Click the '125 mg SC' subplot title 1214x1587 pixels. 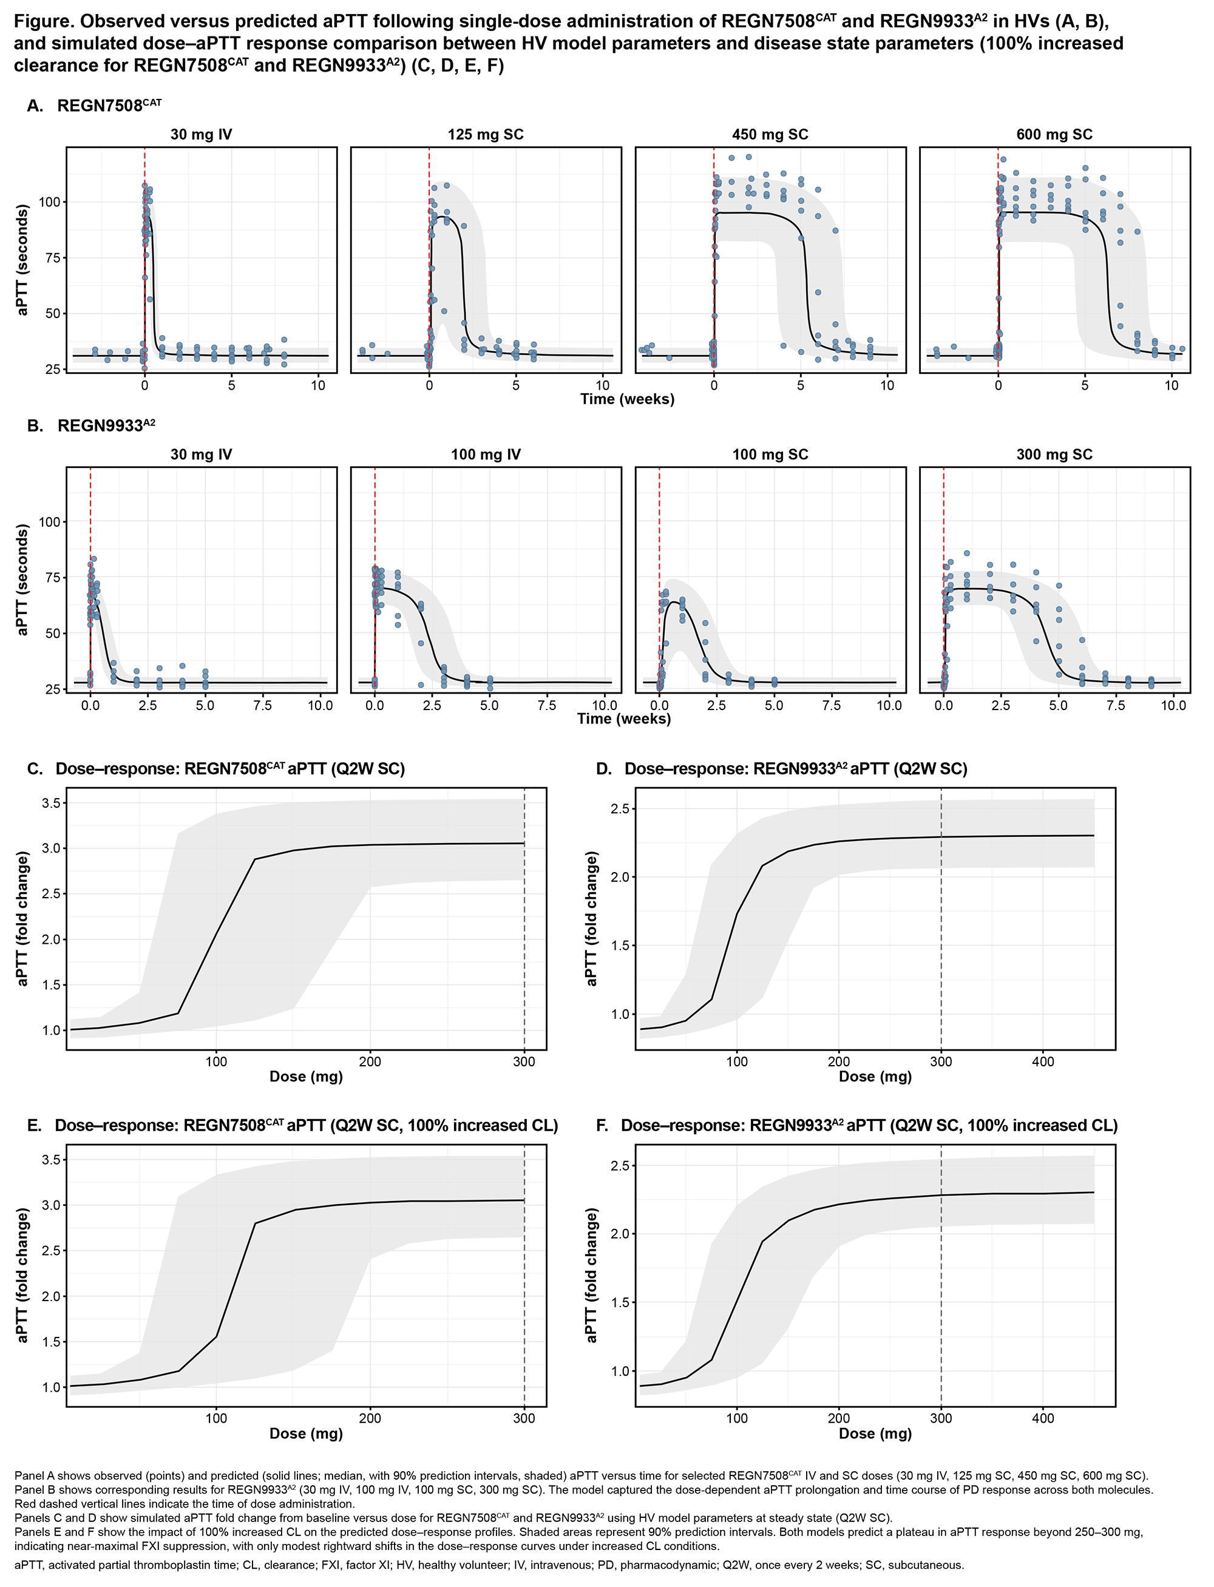(x=485, y=135)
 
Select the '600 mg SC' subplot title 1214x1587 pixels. (x=1054, y=135)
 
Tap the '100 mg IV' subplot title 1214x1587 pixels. (x=485, y=455)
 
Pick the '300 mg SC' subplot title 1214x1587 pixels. (x=1054, y=455)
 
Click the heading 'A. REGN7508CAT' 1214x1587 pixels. (x=94, y=106)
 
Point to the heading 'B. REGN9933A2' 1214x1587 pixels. (x=91, y=426)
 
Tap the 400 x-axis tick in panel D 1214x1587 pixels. (x=1043, y=1062)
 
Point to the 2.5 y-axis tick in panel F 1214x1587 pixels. (x=620, y=1166)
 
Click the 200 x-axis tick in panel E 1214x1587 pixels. (x=370, y=1418)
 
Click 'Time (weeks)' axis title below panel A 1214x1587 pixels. (x=626, y=399)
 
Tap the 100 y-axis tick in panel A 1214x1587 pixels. (x=49, y=202)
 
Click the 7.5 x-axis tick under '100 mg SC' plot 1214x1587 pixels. (x=831, y=706)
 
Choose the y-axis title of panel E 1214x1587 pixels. (x=22, y=1276)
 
